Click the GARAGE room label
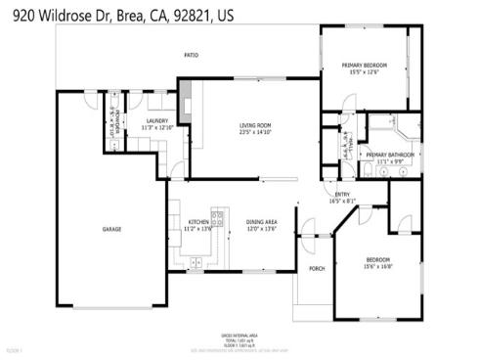point(112,229)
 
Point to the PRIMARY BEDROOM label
point(365,65)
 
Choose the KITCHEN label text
point(199,222)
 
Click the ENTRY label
point(342,195)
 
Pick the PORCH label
point(316,268)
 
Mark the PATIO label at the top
point(192,55)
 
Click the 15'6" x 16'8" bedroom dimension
point(377,265)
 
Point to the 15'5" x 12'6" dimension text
point(365,71)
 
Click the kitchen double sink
point(196,262)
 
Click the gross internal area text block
point(239,338)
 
